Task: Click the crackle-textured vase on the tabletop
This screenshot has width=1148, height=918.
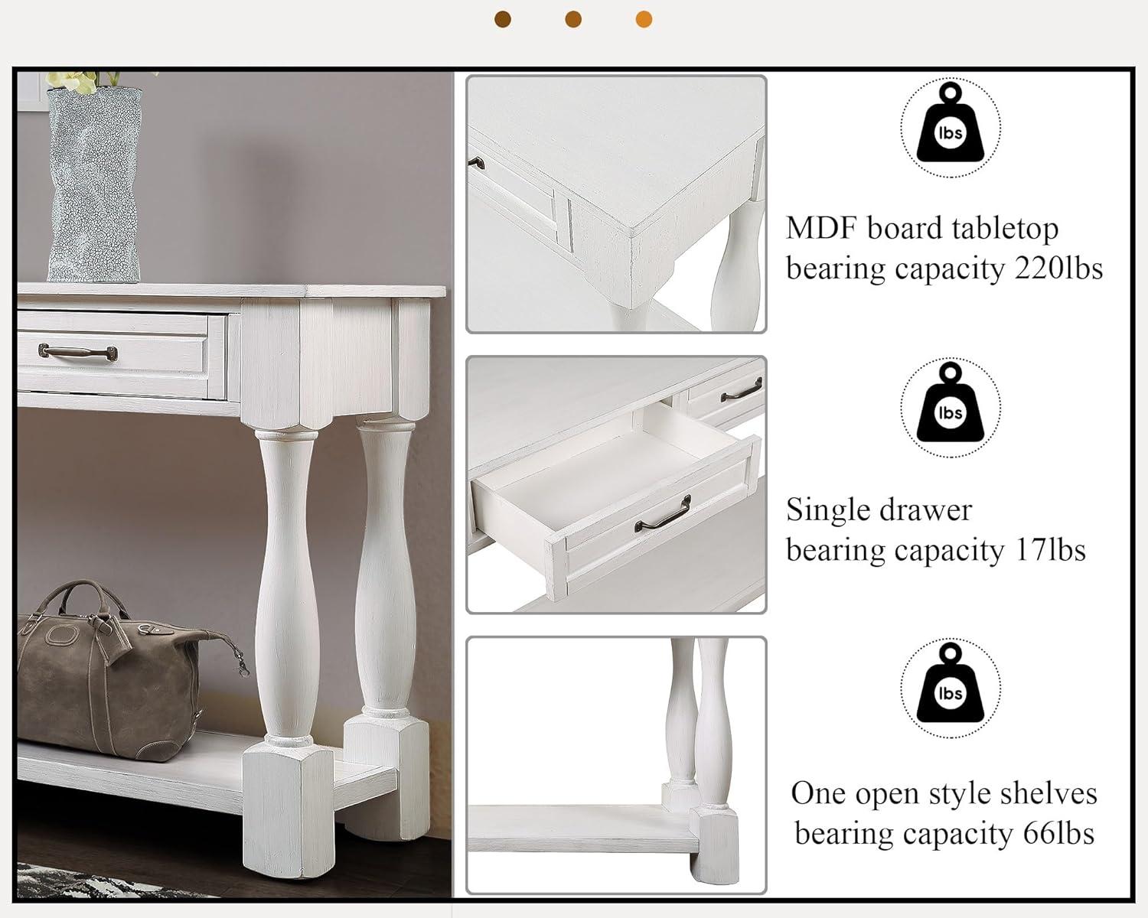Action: coord(94,184)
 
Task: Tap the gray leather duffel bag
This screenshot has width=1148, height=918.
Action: coord(115,673)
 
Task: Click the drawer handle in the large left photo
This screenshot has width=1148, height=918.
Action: coord(77,352)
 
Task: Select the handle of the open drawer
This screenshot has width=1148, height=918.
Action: coord(663,514)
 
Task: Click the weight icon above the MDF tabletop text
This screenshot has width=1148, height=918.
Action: coord(950,127)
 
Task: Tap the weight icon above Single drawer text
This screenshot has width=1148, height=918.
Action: coord(950,407)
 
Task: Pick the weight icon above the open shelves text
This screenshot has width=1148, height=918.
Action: coord(950,688)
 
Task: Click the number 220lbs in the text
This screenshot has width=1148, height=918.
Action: coord(1058,269)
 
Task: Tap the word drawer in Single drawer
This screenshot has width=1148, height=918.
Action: coord(927,509)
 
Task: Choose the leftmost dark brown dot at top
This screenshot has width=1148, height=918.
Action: coord(503,19)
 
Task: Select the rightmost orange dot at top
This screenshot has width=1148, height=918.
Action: coord(644,19)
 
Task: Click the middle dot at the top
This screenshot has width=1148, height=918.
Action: coord(573,19)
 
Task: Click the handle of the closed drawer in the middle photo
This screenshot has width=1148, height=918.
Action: coord(741,392)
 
